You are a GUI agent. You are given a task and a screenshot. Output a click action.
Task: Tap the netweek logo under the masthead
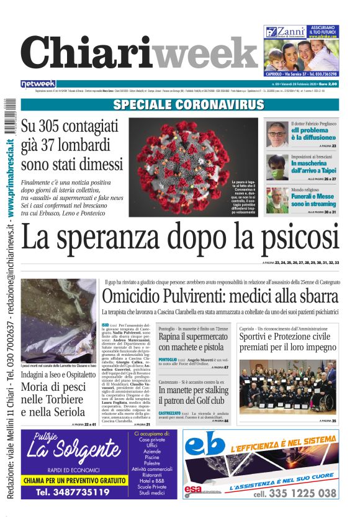click(x=38, y=84)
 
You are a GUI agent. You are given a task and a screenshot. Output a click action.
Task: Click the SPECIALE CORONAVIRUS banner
click(x=180, y=105)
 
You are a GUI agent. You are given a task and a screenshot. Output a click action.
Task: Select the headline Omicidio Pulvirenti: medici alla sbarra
click(x=220, y=296)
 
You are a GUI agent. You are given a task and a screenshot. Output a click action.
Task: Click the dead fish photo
click(x=58, y=320)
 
